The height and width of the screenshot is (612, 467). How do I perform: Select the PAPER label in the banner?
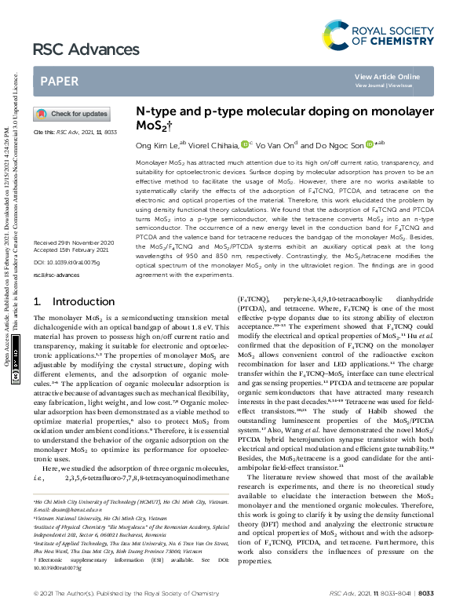coord(59,81)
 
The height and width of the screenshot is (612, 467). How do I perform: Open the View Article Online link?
coord(387,76)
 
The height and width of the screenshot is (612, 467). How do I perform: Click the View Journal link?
coord(371,85)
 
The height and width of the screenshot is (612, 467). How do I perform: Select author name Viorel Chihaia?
coord(212,145)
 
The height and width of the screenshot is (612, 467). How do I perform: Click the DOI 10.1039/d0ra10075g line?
coord(63,239)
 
